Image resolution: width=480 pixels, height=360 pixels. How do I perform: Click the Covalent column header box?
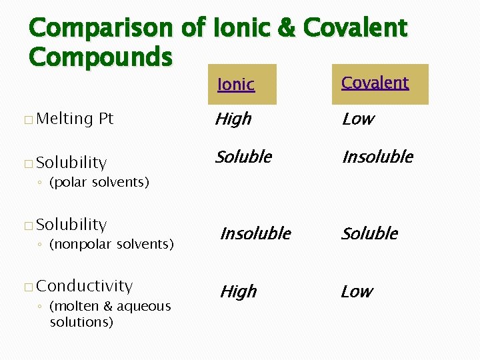380,84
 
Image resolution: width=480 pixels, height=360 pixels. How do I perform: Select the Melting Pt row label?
75,119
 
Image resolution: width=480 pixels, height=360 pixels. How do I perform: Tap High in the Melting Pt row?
233,119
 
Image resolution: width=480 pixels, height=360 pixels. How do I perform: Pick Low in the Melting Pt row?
357,119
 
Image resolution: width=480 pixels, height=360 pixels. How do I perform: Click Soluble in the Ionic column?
243,157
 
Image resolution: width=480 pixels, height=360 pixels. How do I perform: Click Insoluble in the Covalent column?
377,157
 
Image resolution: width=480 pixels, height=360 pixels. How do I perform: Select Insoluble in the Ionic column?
255,233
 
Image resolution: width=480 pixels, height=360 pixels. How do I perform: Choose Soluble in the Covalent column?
369,233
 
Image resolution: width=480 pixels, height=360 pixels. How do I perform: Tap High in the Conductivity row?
238,291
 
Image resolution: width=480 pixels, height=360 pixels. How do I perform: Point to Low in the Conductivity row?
357,291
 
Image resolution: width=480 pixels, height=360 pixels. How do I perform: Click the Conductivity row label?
85,286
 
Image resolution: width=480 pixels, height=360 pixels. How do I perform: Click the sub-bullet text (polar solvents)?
99,182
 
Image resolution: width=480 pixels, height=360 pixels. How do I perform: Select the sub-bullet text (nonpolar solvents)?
111,244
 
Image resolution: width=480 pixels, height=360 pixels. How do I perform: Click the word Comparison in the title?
110,28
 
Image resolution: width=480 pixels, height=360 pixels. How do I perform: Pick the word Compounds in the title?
101,57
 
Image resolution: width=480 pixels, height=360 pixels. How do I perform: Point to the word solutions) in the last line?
81,322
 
